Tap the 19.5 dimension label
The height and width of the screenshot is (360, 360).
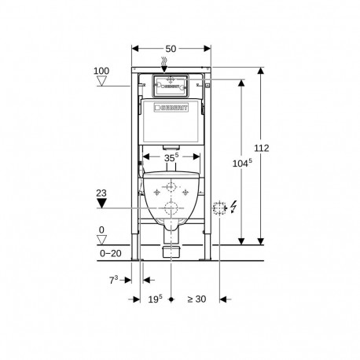154,299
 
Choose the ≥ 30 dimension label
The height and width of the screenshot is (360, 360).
197,299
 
